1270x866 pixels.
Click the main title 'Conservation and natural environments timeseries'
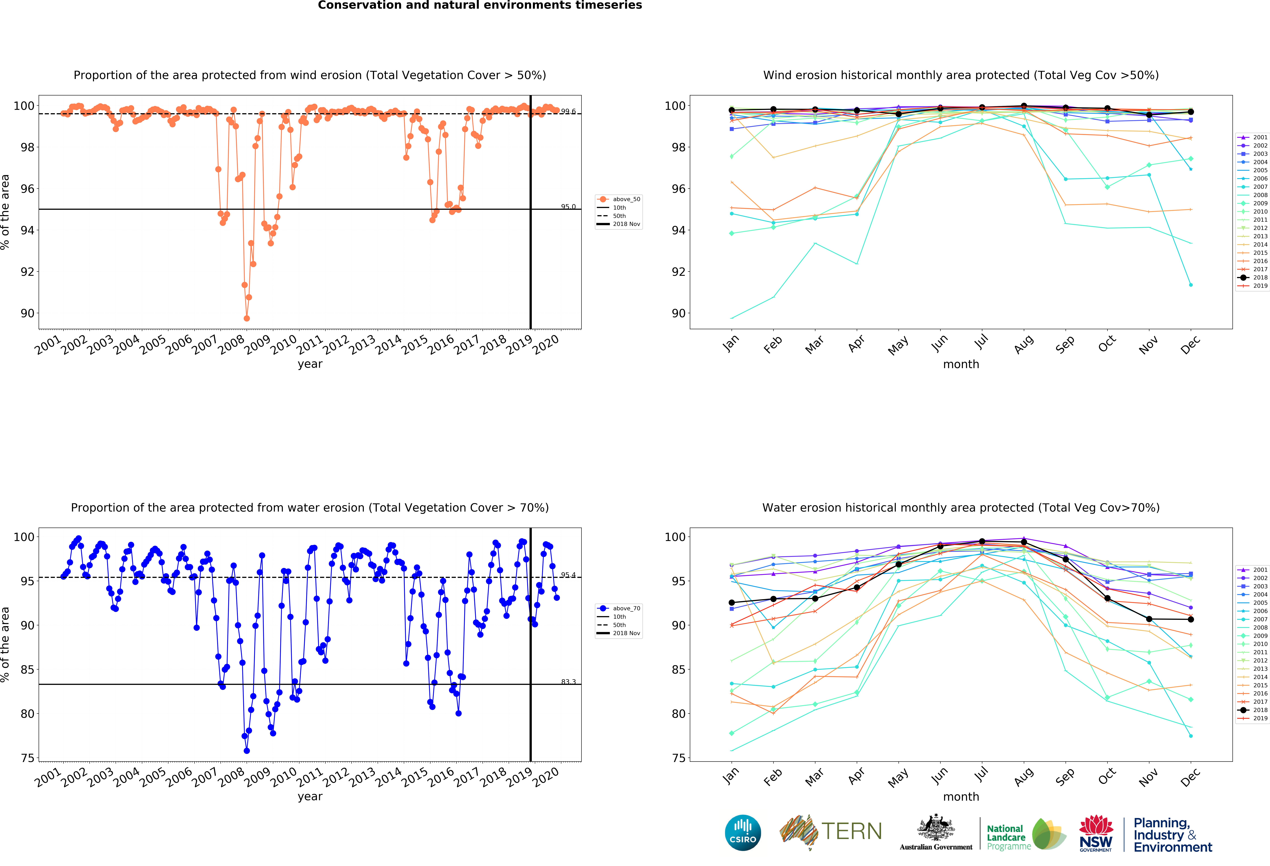(480, 5)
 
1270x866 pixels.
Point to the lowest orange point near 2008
(246, 318)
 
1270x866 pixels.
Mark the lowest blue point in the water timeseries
(246, 751)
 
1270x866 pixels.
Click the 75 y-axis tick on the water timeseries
(27, 758)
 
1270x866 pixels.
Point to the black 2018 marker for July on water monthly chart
(982, 541)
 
